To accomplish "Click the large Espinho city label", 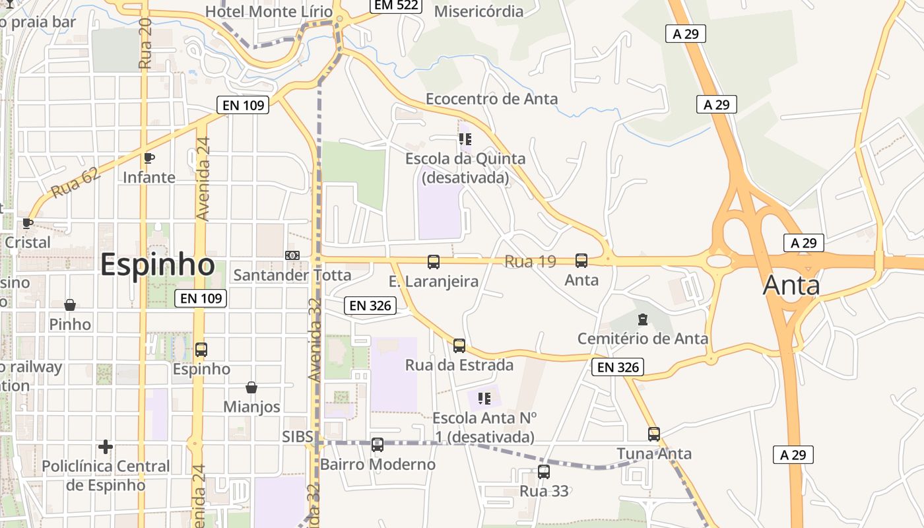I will click(x=157, y=265).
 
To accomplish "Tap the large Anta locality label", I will click(x=791, y=285).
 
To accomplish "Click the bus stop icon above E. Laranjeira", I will click(x=434, y=262).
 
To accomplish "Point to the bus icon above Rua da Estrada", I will click(x=459, y=346).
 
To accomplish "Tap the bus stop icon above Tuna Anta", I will click(x=654, y=434).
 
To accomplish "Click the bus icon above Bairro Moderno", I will click(x=378, y=445).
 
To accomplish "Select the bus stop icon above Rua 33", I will click(x=544, y=472).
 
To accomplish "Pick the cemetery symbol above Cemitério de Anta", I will click(x=643, y=320).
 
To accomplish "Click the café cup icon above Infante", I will click(x=149, y=158).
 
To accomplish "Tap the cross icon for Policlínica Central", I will click(x=106, y=447).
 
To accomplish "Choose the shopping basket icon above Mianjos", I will click(x=251, y=387).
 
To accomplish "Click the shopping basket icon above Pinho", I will click(x=70, y=305).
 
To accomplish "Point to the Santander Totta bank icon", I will click(x=292, y=255).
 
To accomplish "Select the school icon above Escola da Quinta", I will click(x=465, y=139).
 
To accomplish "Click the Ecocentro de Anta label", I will click(x=492, y=99).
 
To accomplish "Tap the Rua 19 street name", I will click(x=530, y=261).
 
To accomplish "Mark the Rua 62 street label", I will click(x=75, y=183).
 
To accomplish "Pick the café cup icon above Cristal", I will click(x=27, y=223).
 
